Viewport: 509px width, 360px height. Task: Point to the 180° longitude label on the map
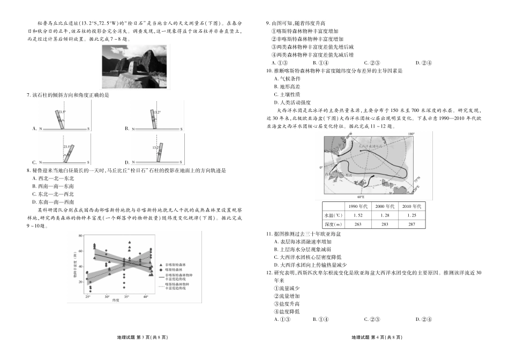(411, 134)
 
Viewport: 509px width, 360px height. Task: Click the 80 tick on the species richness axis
(80, 236)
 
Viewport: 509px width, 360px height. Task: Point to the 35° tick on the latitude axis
(126, 296)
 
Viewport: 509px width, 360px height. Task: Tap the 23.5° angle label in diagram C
(66, 146)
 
